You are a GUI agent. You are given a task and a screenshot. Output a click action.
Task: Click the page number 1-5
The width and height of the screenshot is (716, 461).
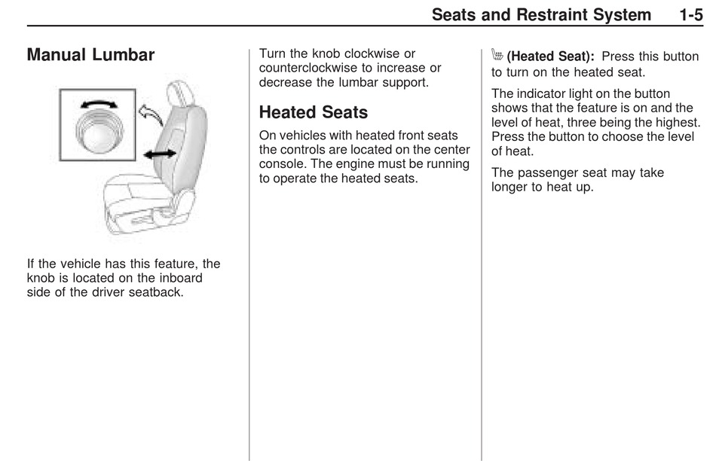(x=690, y=14)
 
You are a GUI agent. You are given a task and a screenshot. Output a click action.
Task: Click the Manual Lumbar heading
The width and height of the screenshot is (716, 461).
(x=90, y=55)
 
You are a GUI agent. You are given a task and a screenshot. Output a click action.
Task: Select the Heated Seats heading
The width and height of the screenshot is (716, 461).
(x=313, y=112)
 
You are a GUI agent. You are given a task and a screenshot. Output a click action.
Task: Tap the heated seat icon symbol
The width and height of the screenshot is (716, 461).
(x=497, y=56)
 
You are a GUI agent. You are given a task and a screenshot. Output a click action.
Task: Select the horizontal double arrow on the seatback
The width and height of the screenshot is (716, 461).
(x=160, y=154)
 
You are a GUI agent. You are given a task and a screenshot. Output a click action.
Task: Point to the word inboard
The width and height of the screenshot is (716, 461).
(x=179, y=278)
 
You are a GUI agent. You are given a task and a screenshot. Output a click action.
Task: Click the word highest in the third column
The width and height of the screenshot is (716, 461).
(x=676, y=122)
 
